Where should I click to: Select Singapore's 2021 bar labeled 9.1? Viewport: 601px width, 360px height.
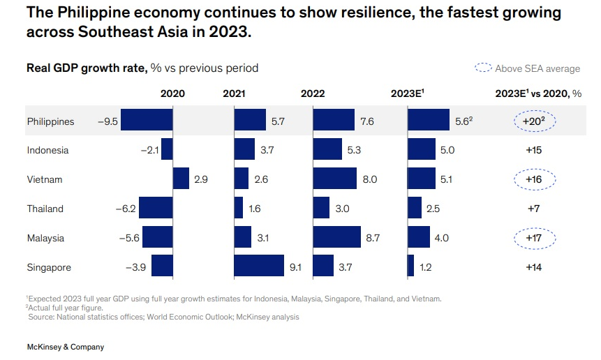259,267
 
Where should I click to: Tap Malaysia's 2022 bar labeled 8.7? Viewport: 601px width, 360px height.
337,237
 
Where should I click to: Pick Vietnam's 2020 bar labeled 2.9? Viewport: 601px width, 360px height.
181,179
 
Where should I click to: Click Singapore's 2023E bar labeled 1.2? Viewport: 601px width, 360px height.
410,267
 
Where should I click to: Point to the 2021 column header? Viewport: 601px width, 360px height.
235,93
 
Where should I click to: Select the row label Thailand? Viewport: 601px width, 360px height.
45,209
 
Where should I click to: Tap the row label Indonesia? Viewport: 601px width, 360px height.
47,150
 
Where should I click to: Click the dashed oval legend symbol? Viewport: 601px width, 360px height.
483,68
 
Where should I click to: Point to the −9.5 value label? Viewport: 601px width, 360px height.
108,121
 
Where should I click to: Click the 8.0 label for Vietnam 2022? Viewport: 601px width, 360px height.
370,179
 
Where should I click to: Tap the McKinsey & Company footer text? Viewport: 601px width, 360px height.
65,347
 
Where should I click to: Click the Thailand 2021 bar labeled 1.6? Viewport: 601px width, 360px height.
239,208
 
